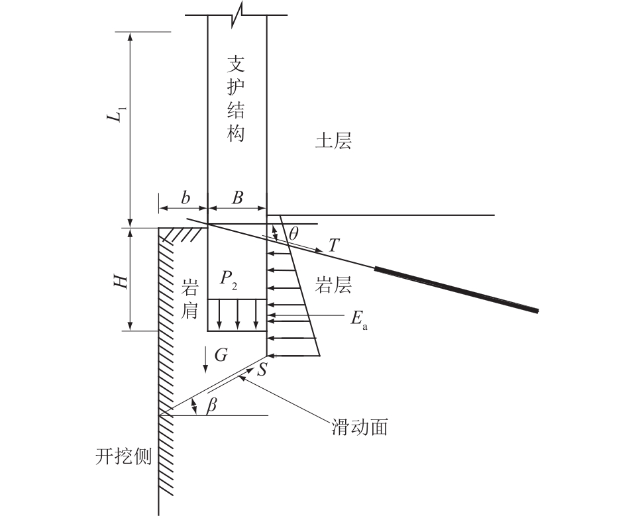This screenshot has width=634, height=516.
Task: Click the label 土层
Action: tap(333, 141)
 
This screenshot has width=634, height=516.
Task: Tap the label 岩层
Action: tap(333, 285)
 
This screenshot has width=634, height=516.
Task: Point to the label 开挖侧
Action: tap(124, 456)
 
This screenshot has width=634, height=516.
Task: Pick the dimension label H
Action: tap(120, 281)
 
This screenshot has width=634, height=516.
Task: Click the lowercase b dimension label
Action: tap(185, 197)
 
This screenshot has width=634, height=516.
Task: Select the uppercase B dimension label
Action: tap(237, 197)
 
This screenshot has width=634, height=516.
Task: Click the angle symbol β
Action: tap(211, 406)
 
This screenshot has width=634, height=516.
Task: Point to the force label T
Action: tap(335, 246)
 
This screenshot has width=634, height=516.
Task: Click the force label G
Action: tap(221, 355)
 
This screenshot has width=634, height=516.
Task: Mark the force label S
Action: tap(262, 370)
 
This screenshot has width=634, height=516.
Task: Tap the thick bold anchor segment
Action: tap(457, 289)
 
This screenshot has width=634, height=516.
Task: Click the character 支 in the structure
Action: tap(237, 64)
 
